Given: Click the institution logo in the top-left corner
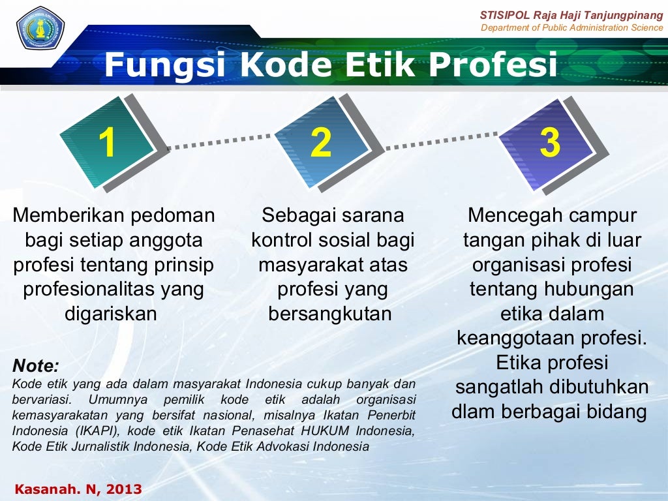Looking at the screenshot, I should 40,29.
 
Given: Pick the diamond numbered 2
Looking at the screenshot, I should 321,142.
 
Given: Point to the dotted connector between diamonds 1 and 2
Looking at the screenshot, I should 219,142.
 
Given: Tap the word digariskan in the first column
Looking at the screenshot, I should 111,314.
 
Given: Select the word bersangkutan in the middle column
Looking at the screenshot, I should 330,314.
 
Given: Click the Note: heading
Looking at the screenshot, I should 36,365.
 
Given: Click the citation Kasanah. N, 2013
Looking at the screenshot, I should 78,489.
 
